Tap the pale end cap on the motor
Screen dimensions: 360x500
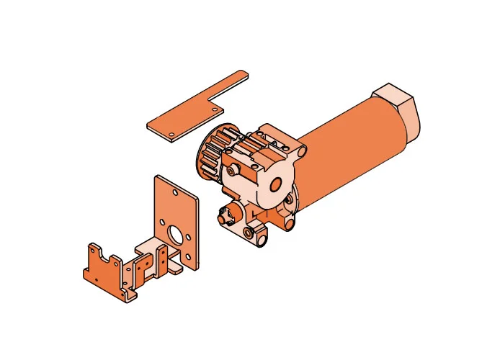[x=400, y=108]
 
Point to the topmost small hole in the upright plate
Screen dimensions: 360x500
[x=175, y=193]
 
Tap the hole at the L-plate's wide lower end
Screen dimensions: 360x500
[x=171, y=134]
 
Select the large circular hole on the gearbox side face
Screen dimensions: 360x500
[x=276, y=183]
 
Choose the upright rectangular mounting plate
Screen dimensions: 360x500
[x=177, y=216]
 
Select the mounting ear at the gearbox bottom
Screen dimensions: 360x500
[x=253, y=234]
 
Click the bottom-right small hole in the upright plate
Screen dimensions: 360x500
[x=188, y=257]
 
